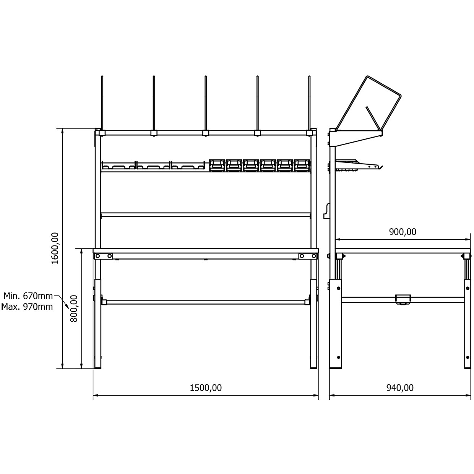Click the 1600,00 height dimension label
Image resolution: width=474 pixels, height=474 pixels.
point(55,248)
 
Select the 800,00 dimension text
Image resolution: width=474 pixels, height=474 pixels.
point(74,309)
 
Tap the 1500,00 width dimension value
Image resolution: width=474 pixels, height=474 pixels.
point(206,388)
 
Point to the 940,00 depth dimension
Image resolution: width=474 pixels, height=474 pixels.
point(400,388)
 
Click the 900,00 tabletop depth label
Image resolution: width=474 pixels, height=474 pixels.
point(403,232)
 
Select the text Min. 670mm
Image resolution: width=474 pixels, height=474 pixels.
point(28,296)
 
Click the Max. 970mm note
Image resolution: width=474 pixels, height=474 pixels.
point(27,307)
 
